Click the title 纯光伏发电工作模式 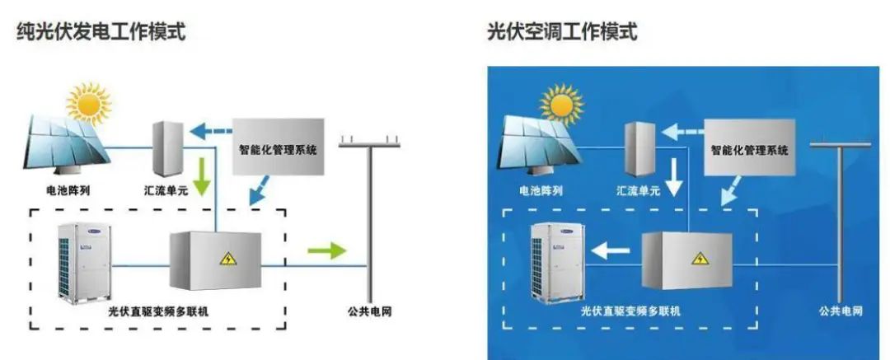[101, 31]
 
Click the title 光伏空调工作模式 [563, 31]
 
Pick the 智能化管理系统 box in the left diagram [279, 147]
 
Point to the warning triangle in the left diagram [228, 259]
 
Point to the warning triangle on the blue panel [700, 259]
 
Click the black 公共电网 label [369, 311]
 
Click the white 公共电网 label [841, 311]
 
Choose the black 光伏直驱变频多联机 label [157, 311]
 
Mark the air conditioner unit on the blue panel [556, 263]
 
